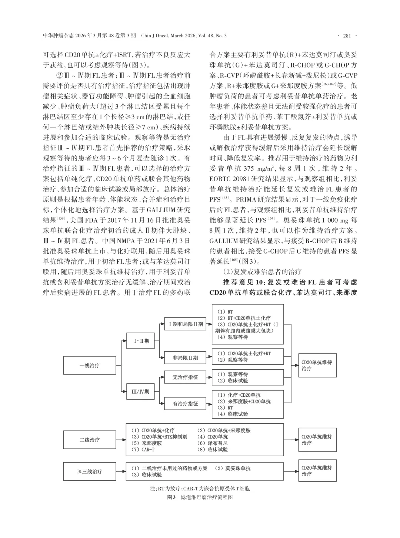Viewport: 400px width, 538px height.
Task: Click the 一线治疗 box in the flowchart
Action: click(x=89, y=366)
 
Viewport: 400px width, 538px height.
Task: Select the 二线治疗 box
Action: click(x=89, y=440)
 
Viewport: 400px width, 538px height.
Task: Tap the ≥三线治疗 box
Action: click(x=89, y=472)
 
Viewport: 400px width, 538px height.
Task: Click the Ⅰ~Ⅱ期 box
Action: click(x=142, y=341)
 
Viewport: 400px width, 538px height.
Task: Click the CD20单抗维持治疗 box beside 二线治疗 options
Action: click(x=317, y=440)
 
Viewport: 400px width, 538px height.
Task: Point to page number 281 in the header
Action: click(x=347, y=36)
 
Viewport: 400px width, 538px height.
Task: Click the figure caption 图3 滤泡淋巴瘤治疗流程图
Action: click(x=200, y=497)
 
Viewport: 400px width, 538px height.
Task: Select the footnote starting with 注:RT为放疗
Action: click(x=200, y=488)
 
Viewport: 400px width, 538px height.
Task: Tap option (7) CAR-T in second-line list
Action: click(x=143, y=450)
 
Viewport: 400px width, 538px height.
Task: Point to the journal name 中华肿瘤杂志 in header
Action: click(x=59, y=36)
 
